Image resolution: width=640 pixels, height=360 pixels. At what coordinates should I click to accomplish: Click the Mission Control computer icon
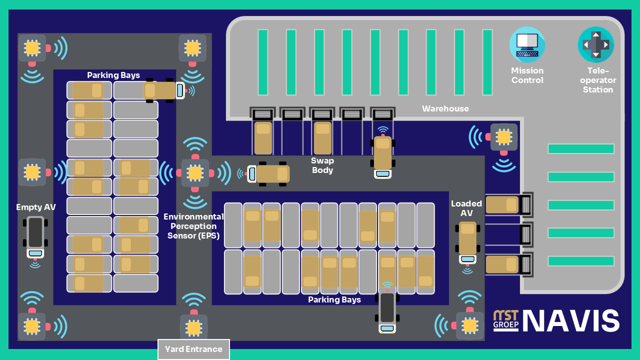tap(527, 44)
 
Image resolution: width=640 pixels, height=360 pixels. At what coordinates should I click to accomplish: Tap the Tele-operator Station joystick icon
tap(595, 44)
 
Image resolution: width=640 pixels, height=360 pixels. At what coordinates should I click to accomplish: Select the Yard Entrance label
tap(193, 349)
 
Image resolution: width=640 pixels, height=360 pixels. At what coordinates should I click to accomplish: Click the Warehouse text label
tap(445, 108)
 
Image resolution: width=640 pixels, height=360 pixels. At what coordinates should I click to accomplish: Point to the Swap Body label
tap(322, 165)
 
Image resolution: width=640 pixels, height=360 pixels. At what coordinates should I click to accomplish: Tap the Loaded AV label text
tap(466, 208)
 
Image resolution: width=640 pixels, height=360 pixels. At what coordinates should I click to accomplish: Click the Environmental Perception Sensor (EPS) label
tap(194, 226)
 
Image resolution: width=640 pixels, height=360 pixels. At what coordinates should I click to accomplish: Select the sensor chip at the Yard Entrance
tap(193, 327)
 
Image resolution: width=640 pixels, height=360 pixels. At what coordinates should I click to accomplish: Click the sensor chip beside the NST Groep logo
tap(469, 325)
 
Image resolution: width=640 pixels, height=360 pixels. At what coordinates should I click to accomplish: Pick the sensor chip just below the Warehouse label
tap(503, 136)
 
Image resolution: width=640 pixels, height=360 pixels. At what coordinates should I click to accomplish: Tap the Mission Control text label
tap(527, 75)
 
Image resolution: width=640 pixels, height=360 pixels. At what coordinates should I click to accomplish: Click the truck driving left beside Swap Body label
tap(270, 173)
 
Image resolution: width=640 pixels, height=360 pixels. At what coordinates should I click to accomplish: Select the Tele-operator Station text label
tap(598, 80)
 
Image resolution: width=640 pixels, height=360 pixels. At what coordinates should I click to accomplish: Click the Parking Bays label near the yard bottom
tap(334, 299)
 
